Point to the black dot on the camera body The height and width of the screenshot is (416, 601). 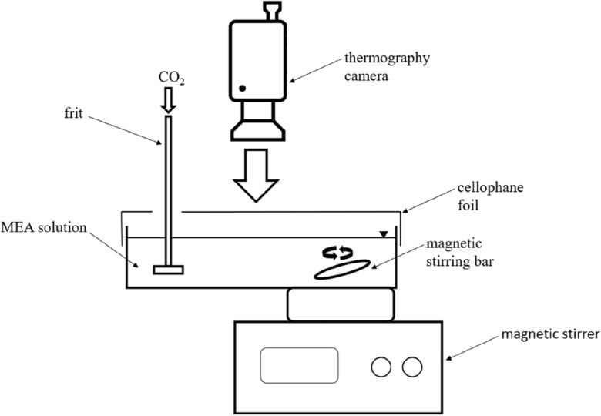[242, 89]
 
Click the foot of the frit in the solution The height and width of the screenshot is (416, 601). [168, 270]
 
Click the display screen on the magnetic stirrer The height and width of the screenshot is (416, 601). [300, 364]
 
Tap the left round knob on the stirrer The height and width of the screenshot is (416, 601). [381, 367]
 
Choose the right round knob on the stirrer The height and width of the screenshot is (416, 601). [413, 367]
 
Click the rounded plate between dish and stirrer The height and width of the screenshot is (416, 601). [341, 304]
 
